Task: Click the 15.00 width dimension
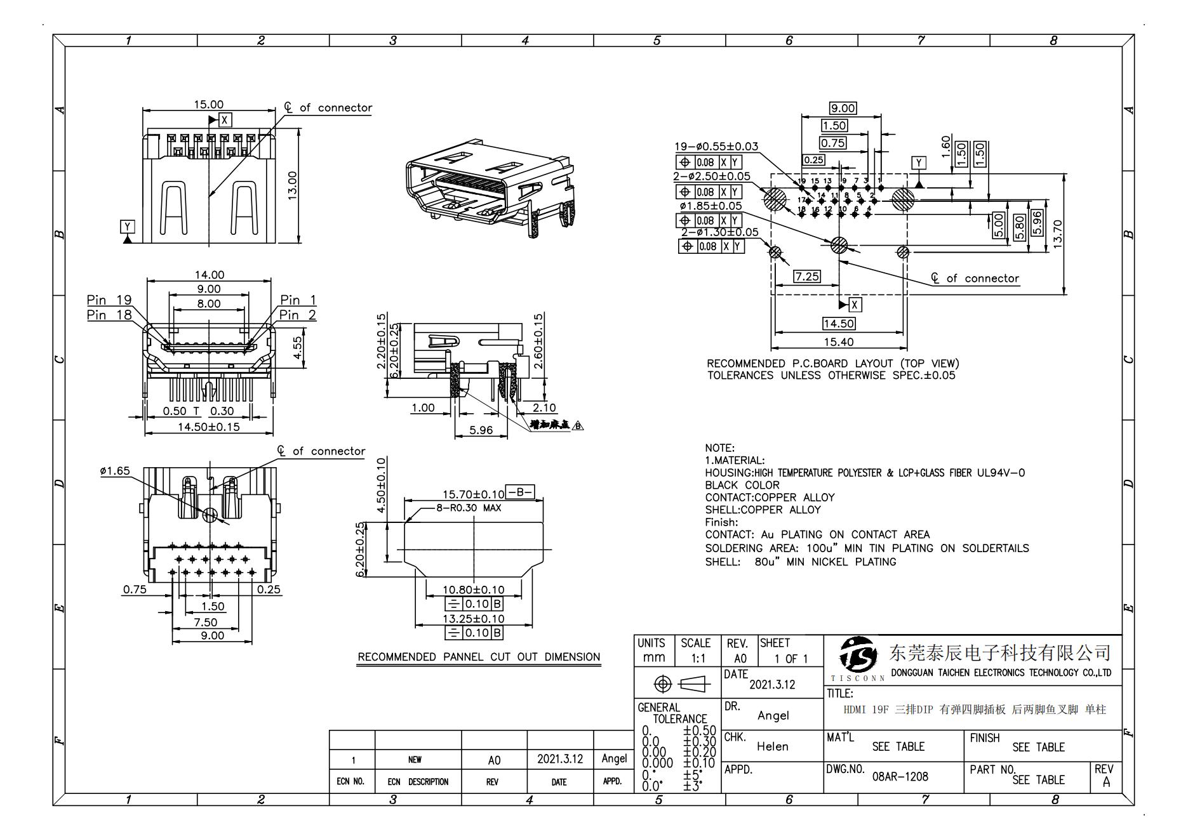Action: pos(208,104)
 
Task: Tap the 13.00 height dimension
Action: pos(293,185)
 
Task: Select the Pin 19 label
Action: pos(109,300)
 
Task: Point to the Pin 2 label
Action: pos(298,315)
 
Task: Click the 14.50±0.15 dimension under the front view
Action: pos(208,426)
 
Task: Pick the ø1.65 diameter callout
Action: pos(115,471)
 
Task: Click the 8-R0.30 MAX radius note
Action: pos(468,508)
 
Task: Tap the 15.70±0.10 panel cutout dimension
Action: pos(473,494)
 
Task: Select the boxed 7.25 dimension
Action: pos(806,276)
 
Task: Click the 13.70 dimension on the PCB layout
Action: pos(1057,234)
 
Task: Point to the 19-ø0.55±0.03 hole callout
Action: pos(716,147)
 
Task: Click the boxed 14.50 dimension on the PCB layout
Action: pos(838,324)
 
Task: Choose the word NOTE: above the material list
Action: pos(719,448)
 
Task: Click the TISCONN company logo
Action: pos(857,657)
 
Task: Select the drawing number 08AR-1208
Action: pos(900,776)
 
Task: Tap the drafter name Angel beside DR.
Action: pos(773,715)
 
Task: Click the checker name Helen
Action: pos(772,746)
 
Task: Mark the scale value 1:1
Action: pos(698,659)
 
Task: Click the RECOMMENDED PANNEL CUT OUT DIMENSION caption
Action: pos(479,657)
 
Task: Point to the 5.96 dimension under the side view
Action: pos(481,430)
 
